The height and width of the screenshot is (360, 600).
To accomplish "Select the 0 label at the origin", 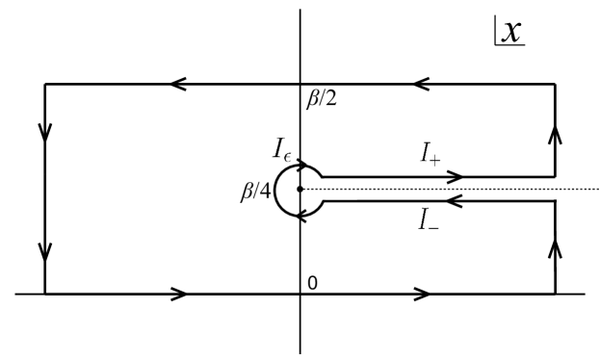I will pos(312,283).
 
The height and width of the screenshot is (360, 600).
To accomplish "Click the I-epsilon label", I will pos(281,148).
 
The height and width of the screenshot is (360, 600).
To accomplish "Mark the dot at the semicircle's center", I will pos(300,189).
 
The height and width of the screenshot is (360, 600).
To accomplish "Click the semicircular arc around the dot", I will pos(275,189).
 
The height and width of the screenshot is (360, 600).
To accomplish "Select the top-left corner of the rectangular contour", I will pos(45,85).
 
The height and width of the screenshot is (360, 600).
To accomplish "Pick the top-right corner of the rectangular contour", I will pos(556,85).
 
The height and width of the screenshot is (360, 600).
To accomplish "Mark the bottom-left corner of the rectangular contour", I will pos(45,294).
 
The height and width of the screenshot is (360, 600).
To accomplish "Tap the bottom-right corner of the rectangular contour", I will pos(556,294).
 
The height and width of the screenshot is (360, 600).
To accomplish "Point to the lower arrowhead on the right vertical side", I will pos(556,250).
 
